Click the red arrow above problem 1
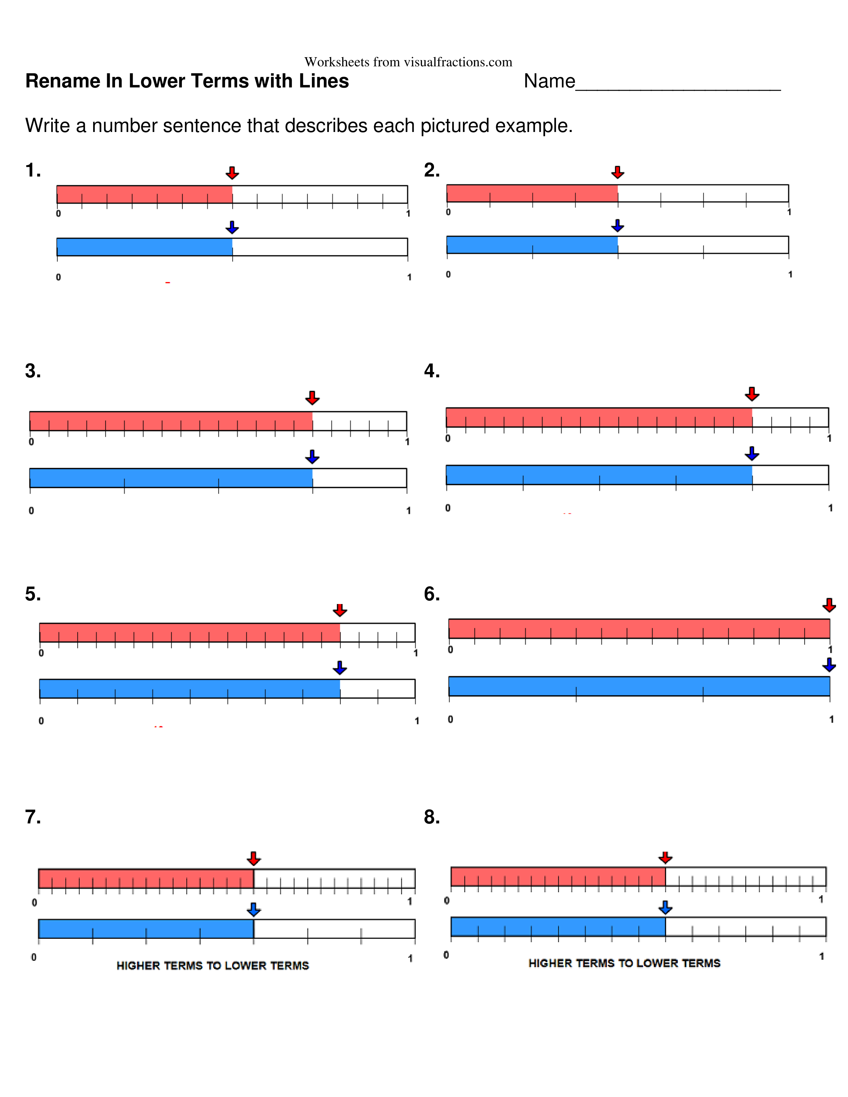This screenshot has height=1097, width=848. pyautogui.click(x=232, y=173)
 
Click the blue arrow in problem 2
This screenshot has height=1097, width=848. pyautogui.click(x=618, y=225)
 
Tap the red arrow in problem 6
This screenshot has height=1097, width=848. pyautogui.click(x=829, y=605)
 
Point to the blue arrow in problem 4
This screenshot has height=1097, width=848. pyautogui.click(x=752, y=453)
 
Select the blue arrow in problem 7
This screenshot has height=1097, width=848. pyautogui.click(x=254, y=910)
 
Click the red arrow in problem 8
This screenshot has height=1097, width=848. pyautogui.click(x=665, y=857)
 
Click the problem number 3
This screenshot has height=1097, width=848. pyautogui.click(x=33, y=371)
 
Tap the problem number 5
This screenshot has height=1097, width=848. pyautogui.click(x=33, y=594)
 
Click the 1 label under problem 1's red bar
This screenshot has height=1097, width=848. pyautogui.click(x=408, y=213)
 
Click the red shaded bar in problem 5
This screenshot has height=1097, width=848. pyautogui.click(x=190, y=632)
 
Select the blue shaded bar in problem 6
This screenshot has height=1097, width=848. pyautogui.click(x=639, y=686)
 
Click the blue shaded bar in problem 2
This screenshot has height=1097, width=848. pyautogui.click(x=532, y=245)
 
